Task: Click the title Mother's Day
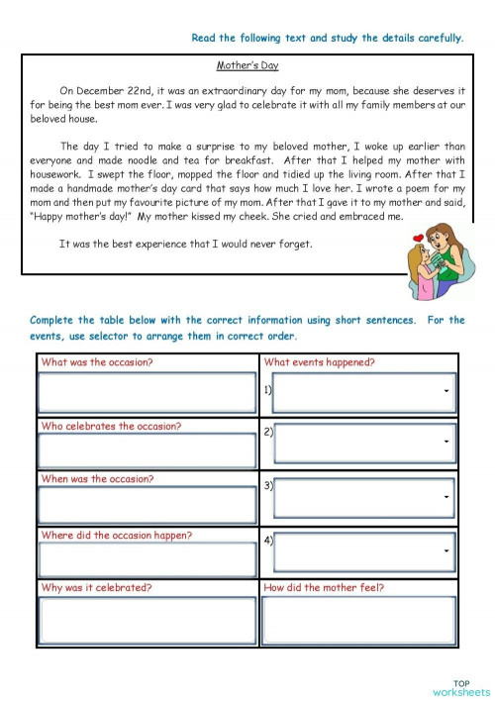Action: coord(247,65)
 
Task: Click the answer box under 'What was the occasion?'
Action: coord(147,394)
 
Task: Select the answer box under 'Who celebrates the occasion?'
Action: coord(147,451)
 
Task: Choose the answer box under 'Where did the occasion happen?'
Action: coord(147,559)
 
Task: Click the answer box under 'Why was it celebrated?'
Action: coord(147,620)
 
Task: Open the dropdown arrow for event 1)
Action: coord(447,391)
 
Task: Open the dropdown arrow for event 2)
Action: coord(447,441)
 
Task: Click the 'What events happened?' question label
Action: coord(319,362)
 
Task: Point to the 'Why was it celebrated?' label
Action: coord(96,587)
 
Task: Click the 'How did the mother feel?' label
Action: coord(324,587)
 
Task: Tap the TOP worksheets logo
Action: coord(461,687)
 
